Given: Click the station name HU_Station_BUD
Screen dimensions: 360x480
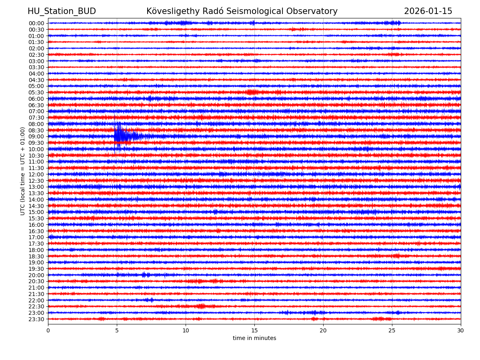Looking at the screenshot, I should coord(62,12).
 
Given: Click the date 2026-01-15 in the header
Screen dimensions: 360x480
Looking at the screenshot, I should coord(428,12).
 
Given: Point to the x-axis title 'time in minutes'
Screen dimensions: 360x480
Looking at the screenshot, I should coord(254,338).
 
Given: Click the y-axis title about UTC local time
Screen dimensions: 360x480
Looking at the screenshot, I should coord(23,171).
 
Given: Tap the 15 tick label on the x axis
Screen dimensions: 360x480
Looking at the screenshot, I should coord(254,330).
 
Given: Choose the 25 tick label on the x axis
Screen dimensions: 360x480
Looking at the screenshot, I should coord(392,330).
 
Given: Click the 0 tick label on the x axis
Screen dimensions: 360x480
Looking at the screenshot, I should coord(48,330).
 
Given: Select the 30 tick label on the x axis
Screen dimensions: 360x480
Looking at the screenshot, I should coord(461,330).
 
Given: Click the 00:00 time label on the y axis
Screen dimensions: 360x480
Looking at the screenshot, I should coord(36,23).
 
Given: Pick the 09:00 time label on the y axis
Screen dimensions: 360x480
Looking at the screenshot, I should coord(36,136).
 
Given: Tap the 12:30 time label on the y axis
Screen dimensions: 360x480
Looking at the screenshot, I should coord(36,181).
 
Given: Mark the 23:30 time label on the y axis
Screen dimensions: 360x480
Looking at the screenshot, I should coord(36,319).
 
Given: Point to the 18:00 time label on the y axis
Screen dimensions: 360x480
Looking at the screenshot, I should coord(36,250).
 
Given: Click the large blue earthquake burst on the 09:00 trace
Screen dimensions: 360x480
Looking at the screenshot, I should coord(120,136).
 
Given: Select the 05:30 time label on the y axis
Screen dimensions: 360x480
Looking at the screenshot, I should coord(36,92).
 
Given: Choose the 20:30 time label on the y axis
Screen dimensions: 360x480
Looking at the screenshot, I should coord(36,282).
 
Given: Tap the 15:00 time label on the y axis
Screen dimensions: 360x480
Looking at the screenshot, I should coord(36,212).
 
